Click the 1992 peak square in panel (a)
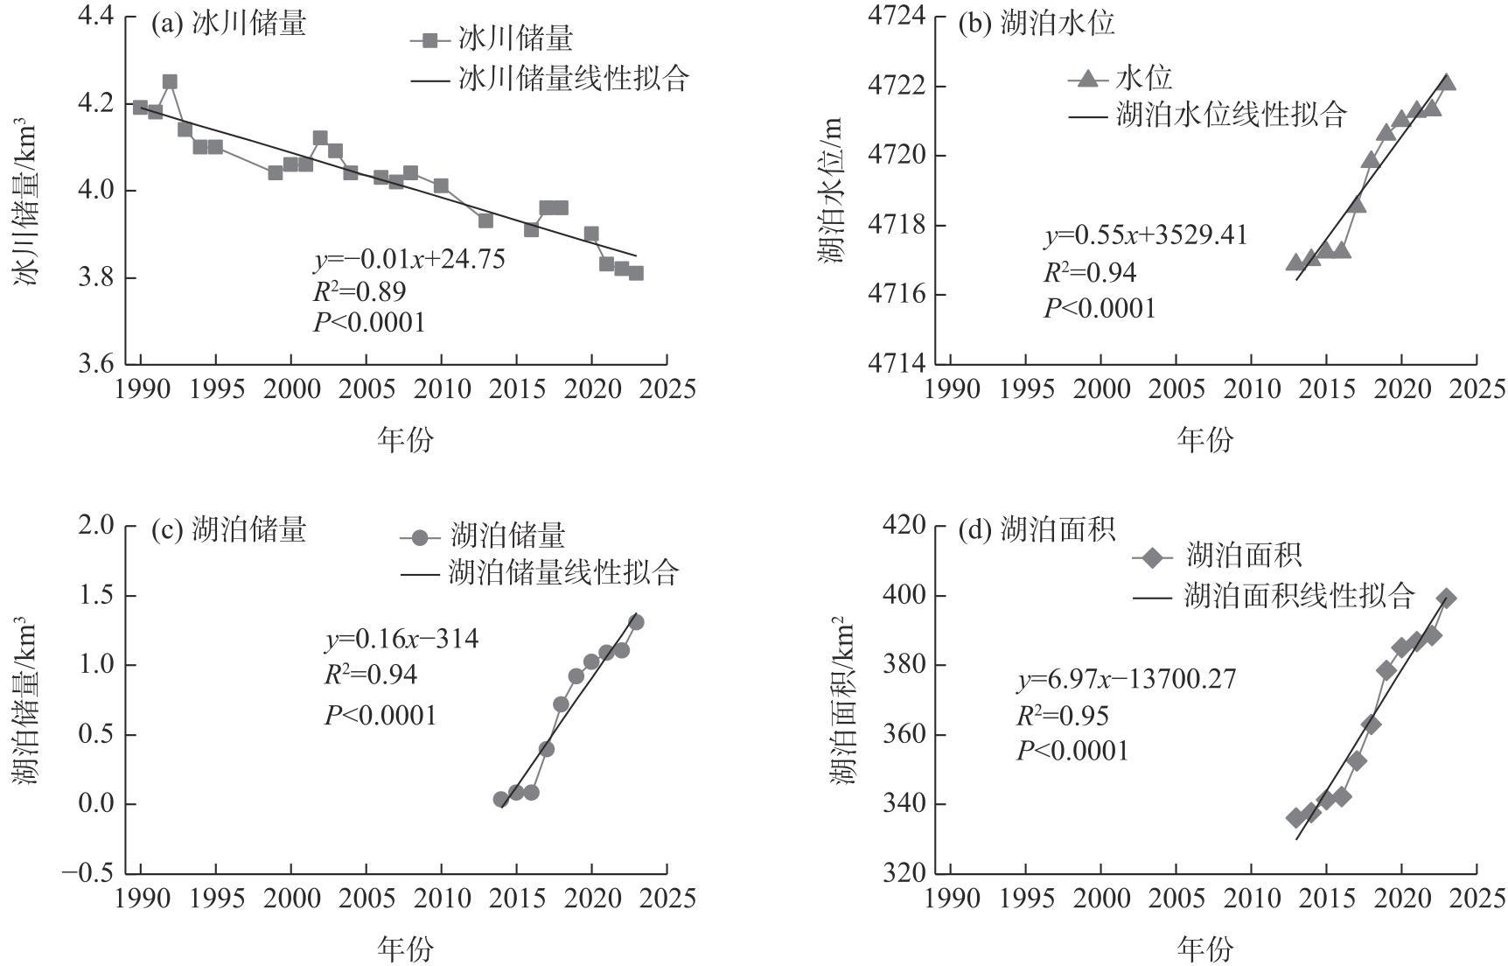170,81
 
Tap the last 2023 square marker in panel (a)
636,273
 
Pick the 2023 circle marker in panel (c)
636,622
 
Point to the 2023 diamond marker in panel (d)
1447,598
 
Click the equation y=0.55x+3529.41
1145,235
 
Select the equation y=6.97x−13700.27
1126,679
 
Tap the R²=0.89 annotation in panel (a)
359,290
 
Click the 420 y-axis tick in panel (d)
904,525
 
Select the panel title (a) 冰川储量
229,24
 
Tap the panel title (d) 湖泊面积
1037,530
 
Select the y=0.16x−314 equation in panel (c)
401,640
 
